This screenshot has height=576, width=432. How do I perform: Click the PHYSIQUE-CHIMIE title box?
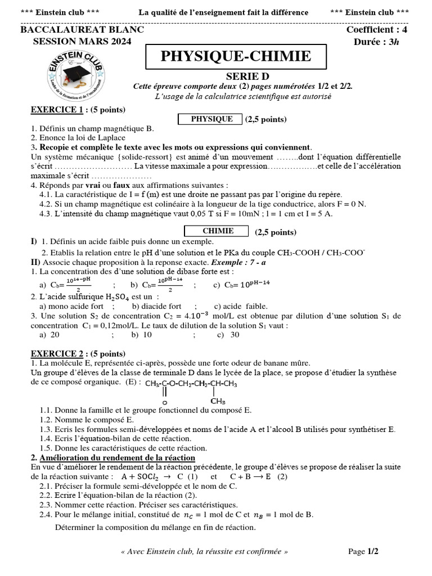pyautogui.click(x=235, y=57)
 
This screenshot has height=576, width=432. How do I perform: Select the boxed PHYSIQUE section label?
pyautogui.click(x=211, y=119)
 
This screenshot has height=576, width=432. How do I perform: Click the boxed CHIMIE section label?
pyautogui.click(x=217, y=231)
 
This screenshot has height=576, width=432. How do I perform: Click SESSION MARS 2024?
pyautogui.click(x=82, y=42)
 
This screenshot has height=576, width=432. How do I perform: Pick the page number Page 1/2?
pyautogui.click(x=363, y=552)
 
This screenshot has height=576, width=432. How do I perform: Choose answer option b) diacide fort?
pyautogui.click(x=156, y=307)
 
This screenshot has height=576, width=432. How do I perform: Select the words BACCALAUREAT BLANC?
pyautogui.click(x=82, y=30)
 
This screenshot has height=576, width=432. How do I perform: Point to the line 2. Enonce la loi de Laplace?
pyautogui.click(x=78, y=137)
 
